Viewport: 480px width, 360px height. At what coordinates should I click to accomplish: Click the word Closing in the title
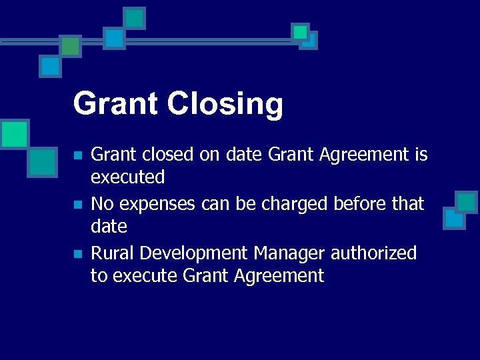[x=225, y=105]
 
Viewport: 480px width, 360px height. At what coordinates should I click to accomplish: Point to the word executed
[x=127, y=177]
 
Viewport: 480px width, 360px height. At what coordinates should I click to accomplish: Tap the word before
[x=356, y=203]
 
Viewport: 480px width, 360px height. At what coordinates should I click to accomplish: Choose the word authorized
[x=373, y=253]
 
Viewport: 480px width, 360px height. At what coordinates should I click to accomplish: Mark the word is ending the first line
[x=421, y=155]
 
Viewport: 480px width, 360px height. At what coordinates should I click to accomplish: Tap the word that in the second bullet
[x=407, y=203]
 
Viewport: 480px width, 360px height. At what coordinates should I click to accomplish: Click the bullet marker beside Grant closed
[x=77, y=155]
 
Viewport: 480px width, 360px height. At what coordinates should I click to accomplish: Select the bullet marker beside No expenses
[x=77, y=205]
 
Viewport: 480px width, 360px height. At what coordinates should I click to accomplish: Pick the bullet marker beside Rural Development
[x=77, y=254]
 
